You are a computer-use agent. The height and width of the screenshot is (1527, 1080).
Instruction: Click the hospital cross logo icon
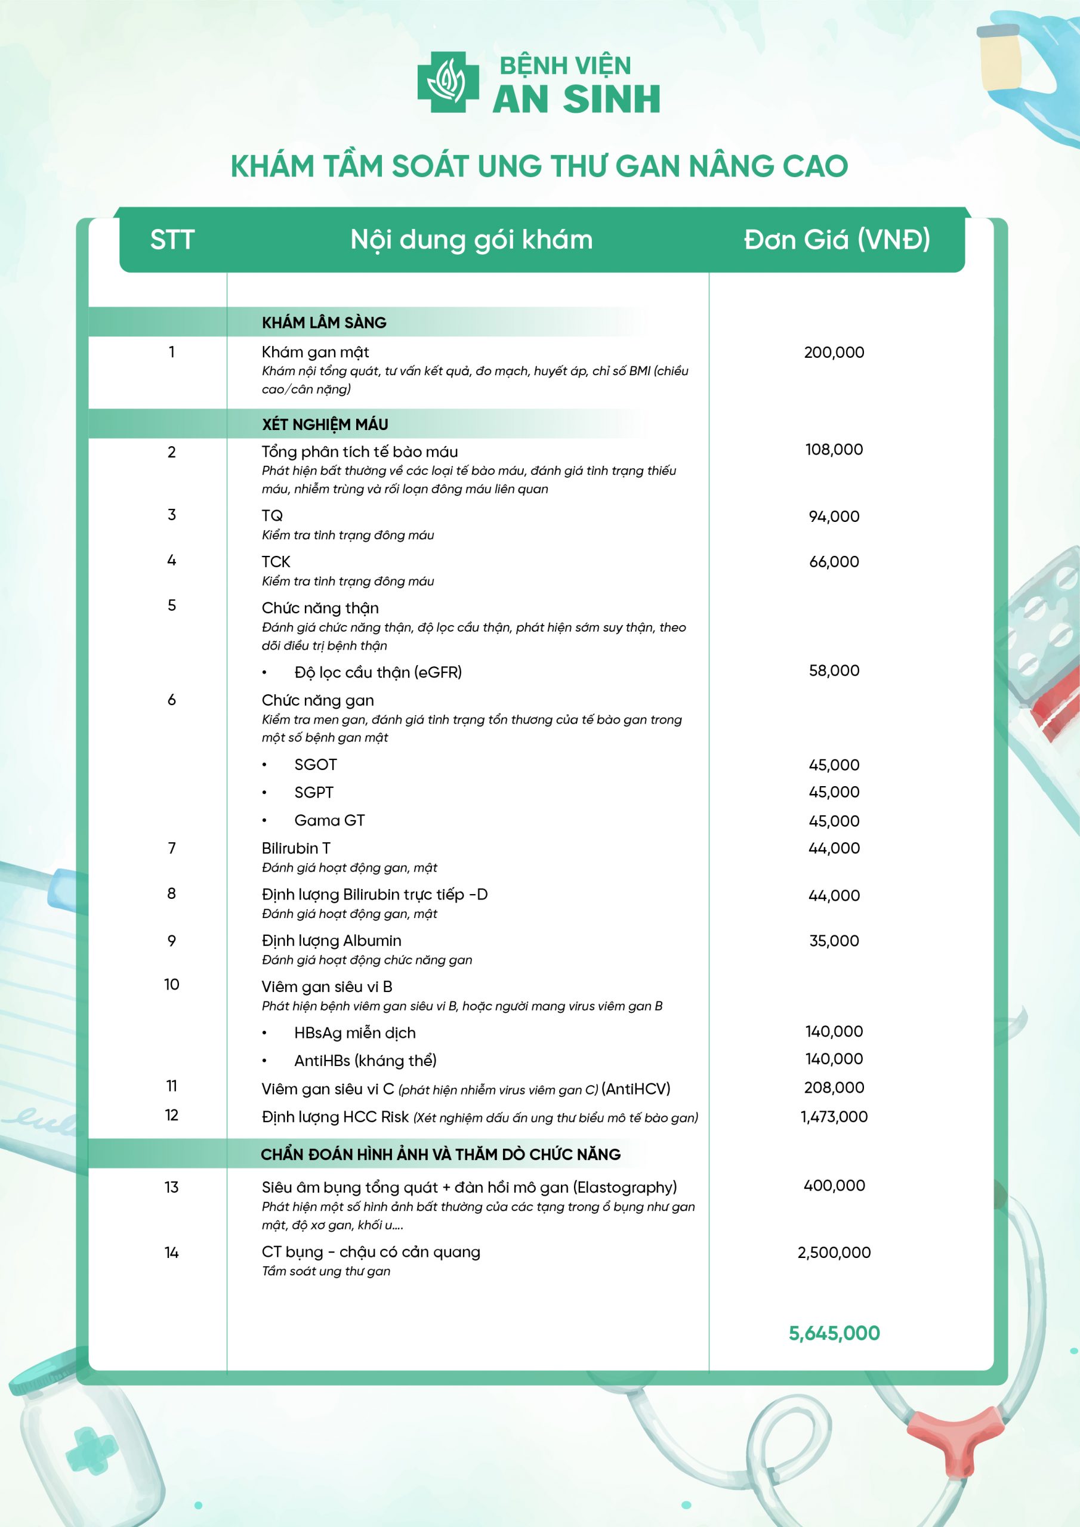tap(448, 82)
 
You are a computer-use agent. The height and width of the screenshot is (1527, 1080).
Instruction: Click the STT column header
tap(172, 239)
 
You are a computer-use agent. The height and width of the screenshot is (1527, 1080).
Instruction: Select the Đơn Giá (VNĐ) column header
tap(837, 239)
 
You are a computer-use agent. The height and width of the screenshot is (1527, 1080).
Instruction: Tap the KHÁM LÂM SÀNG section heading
tap(323, 323)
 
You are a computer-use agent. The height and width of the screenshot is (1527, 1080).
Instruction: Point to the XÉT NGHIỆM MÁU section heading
tap(325, 424)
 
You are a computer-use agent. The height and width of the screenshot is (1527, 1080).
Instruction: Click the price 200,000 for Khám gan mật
tap(834, 353)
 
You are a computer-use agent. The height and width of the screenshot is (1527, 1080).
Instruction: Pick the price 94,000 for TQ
tap(834, 516)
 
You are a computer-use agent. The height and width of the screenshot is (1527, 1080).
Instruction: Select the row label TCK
tap(276, 561)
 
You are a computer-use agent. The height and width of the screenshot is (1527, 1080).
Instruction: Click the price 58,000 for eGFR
tap(834, 670)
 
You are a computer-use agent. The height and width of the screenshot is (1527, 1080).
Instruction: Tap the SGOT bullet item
tap(316, 765)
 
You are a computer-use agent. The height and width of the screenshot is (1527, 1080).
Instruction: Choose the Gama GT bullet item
tap(329, 821)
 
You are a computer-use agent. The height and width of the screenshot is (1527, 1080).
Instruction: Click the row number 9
tap(172, 941)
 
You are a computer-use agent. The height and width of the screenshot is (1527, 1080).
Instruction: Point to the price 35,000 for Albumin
tap(834, 941)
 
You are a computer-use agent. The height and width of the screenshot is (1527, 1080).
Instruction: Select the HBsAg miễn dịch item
tap(354, 1033)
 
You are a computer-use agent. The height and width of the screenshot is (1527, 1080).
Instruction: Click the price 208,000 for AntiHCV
tap(834, 1087)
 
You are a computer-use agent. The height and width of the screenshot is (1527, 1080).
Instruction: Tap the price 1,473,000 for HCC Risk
tap(834, 1117)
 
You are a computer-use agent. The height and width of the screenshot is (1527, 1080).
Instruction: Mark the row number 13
tap(172, 1187)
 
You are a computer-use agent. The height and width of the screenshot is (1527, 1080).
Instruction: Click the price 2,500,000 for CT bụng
tap(834, 1253)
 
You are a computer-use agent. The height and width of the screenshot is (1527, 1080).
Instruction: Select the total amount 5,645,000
tap(834, 1333)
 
